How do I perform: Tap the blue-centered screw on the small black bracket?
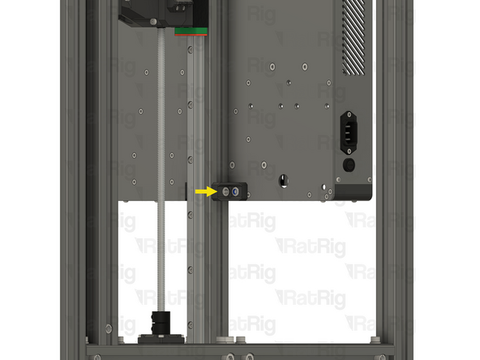coord(236,192)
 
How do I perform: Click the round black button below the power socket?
coord(349,165)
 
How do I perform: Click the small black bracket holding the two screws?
coord(229,192)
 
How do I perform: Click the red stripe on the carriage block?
coord(192,28)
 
